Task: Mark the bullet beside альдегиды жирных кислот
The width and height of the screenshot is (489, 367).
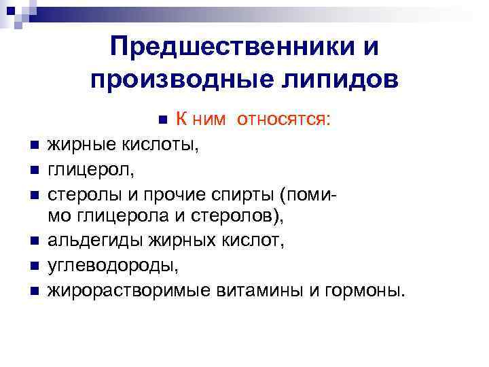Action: [32, 242]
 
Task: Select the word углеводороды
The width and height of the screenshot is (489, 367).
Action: [113, 266]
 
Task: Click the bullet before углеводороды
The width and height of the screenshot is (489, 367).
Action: [32, 266]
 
